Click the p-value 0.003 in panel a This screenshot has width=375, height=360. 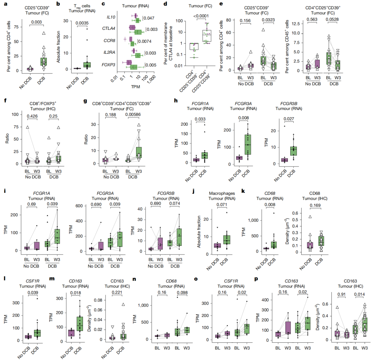click(36, 22)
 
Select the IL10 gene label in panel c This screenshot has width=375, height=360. click(111, 17)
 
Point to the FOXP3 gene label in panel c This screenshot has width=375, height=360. click(108, 65)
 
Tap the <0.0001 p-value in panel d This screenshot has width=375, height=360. click(201, 16)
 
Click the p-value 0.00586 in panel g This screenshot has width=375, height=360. click(133, 115)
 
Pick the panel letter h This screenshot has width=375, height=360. click(176, 101)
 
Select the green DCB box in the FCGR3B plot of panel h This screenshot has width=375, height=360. click(293, 151)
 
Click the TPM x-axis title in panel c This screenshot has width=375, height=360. click(135, 87)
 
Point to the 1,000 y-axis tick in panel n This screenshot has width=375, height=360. click(143, 305)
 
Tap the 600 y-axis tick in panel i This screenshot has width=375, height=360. click(79, 206)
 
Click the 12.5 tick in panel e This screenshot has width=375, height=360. click(295, 24)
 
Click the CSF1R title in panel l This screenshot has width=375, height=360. click(33, 281)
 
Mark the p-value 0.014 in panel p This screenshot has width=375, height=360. click(359, 294)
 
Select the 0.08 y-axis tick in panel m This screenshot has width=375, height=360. click(98, 300)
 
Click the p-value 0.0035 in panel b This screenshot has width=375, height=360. click(82, 23)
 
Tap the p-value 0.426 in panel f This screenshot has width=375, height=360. click(32, 116)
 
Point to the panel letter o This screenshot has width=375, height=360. click(196, 279)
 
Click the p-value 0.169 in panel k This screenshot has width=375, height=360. click(315, 205)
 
